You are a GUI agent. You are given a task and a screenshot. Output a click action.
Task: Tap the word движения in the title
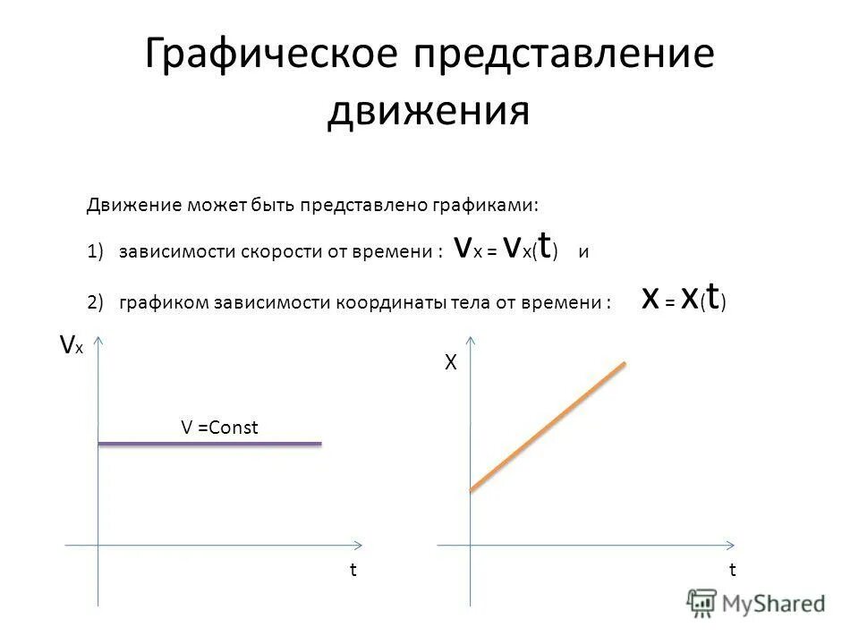click(x=429, y=113)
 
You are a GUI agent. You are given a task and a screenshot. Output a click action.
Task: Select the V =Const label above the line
click(x=219, y=428)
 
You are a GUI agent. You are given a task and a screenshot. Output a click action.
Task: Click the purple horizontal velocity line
click(x=208, y=443)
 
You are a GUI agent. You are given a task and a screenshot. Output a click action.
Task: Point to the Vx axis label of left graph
click(x=71, y=346)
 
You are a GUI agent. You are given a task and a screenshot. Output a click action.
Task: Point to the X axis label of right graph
click(x=452, y=363)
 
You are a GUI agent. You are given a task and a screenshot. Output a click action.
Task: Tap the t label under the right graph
click(x=732, y=570)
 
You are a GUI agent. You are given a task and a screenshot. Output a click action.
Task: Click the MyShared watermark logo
click(x=756, y=603)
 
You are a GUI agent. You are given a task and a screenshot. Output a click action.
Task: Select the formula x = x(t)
click(x=685, y=300)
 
